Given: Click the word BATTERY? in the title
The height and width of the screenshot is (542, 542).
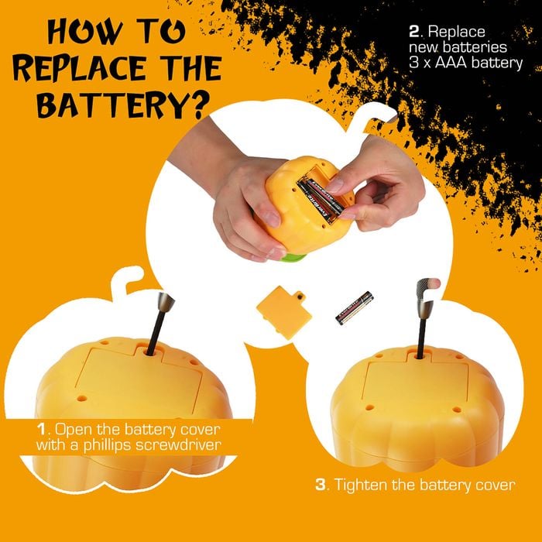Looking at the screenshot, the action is tap(123, 105).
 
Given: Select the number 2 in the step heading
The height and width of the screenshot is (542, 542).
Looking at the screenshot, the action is tap(414, 32).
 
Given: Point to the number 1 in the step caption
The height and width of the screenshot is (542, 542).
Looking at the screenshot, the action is tap(42, 430).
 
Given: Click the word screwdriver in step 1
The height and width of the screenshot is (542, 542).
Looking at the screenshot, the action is tap(178, 445).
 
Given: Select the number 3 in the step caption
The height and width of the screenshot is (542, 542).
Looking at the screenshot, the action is tap(321, 485).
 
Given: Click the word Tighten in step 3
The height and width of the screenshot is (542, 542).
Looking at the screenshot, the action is tap(362, 485).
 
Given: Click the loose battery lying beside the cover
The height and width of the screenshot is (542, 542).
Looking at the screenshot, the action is tap(355, 308).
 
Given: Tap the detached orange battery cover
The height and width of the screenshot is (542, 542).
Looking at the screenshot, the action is tap(284, 312).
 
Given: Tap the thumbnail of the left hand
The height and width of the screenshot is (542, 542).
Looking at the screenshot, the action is tap(271, 219).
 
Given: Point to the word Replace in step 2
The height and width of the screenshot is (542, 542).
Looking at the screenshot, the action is tap(456, 33).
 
